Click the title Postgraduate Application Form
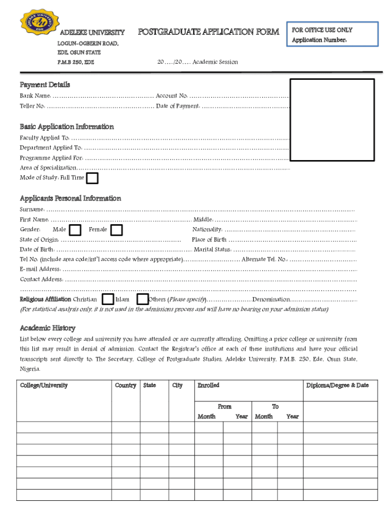pos(209,32)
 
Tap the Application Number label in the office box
pos(319,40)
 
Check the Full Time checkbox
pos(92,178)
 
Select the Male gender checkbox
pos(75,230)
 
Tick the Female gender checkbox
pos(117,230)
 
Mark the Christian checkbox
pos(108,299)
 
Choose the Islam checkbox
pos(142,299)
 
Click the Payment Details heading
pos(45,85)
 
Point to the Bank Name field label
pos(35,96)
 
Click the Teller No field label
pos(33,106)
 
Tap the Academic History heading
pos(47,328)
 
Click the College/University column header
pos(44,386)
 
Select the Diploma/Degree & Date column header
pos(337,386)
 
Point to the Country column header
pos(125,386)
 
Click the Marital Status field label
pos(212,249)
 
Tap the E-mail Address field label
pos(40,269)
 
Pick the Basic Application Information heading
pos(67,127)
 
